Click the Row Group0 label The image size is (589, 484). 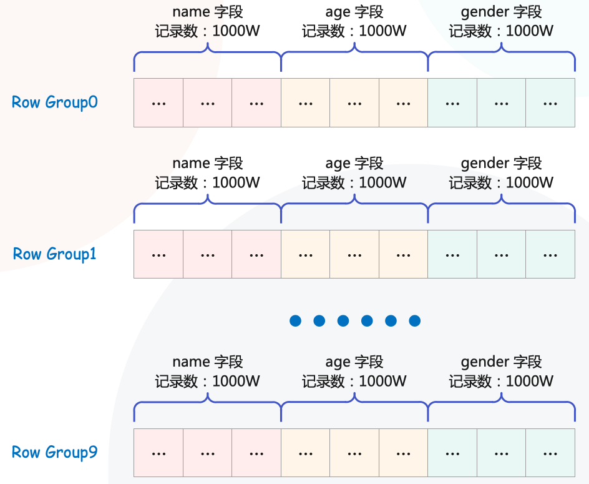click(55, 102)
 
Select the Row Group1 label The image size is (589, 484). click(55, 254)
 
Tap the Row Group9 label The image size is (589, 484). click(55, 453)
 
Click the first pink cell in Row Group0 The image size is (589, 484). click(158, 103)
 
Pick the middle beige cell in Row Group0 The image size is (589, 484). click(354, 103)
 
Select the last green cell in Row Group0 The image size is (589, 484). click(550, 103)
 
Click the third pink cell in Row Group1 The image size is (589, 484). click(256, 254)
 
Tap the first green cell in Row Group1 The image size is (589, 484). click(452, 254)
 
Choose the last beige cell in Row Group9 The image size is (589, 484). click(403, 453)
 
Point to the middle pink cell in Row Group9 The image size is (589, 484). click(207, 453)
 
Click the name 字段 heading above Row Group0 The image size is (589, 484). click(207, 12)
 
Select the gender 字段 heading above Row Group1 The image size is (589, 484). click(501, 164)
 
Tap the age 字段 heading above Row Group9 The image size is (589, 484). click(354, 362)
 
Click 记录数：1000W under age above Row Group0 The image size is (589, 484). click(354, 31)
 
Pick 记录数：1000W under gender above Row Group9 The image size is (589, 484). click(501, 381)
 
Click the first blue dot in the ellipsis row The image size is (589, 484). click(296, 321)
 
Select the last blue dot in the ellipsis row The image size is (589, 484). click(414, 321)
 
